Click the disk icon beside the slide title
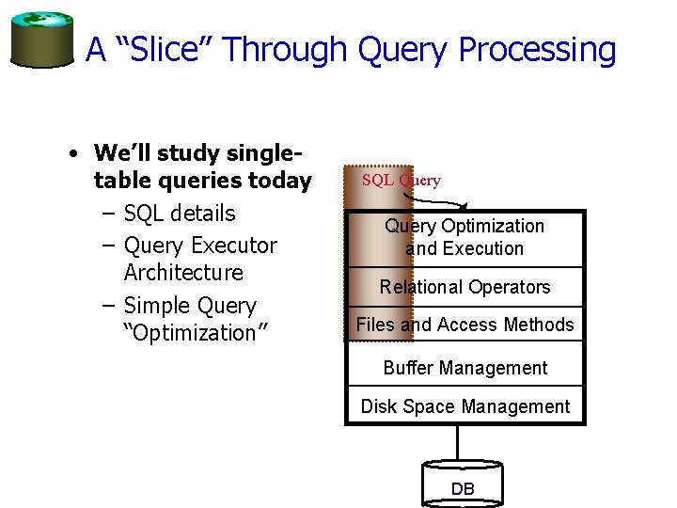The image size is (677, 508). (41, 40)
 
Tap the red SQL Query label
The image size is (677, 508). (401, 181)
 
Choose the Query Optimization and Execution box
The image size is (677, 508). (464, 238)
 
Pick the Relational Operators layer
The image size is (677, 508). (464, 287)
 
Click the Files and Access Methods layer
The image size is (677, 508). (464, 325)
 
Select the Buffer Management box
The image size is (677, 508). (464, 368)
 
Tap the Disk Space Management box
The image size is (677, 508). (464, 406)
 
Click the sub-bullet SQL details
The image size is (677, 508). (179, 214)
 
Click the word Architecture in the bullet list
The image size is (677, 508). (183, 273)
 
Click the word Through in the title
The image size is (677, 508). (296, 49)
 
